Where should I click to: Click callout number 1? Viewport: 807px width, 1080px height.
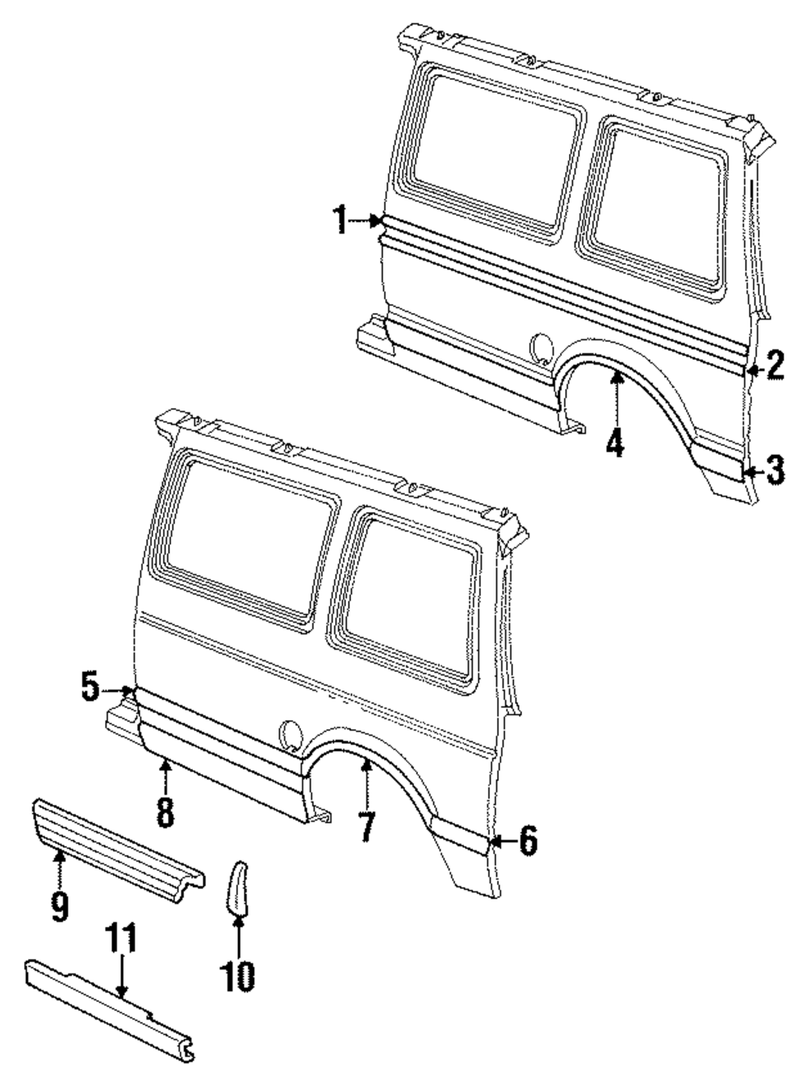[x=341, y=219]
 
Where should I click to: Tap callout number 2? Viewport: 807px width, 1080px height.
[x=775, y=367]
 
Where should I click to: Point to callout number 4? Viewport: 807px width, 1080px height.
[x=616, y=442]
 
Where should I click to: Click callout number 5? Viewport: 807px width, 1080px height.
[x=91, y=688]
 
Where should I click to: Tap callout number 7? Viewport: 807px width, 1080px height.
[x=367, y=827]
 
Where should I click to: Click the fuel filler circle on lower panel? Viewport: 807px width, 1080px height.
[x=290, y=734]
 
